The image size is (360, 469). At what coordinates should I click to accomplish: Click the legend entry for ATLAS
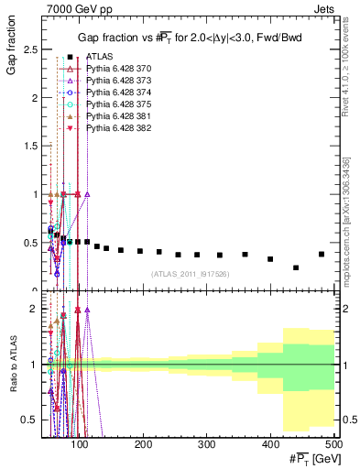[100, 58]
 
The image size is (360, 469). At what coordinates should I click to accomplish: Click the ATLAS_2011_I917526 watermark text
[189, 274]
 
